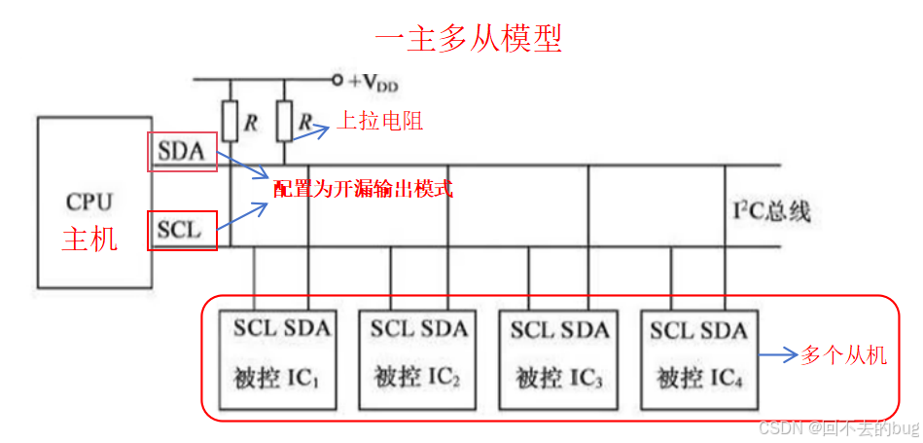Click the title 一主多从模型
(x=469, y=38)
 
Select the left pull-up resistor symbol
(x=231, y=122)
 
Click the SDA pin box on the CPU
(x=182, y=152)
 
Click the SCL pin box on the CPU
(x=182, y=231)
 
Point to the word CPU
(x=89, y=203)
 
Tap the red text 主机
(x=89, y=239)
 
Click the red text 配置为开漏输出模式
(x=364, y=189)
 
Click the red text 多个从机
(x=844, y=355)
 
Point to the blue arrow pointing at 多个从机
(x=777, y=356)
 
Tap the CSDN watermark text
(x=837, y=428)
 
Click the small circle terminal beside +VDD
(x=337, y=80)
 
